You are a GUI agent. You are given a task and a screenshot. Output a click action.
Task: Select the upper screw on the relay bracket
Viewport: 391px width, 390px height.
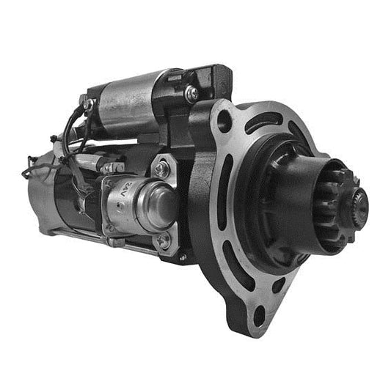pos(163,169)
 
